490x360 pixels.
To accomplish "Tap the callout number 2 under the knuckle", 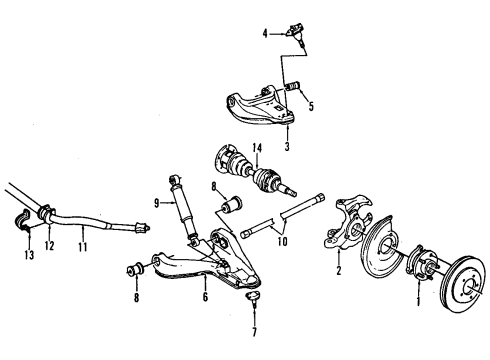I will (x=338, y=271).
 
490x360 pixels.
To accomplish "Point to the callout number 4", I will (x=265, y=35).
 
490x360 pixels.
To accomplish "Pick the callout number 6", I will (x=205, y=297).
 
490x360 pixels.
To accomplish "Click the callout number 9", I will (x=156, y=204).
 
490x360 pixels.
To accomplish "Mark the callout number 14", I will (x=257, y=150).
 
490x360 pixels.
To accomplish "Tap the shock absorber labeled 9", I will (x=184, y=211).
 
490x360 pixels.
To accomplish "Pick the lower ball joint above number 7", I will (x=251, y=297).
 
